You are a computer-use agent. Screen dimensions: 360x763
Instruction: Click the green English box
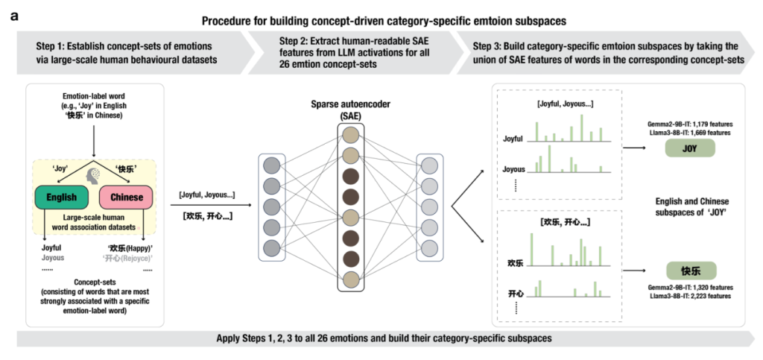tap(61, 197)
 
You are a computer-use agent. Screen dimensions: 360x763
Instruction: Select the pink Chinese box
tap(126, 197)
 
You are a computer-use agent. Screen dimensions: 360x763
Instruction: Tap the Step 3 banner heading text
tap(608, 52)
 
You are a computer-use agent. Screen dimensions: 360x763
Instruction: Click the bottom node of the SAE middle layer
tap(349, 280)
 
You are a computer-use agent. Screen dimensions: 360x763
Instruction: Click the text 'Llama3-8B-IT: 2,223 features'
tap(689, 296)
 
